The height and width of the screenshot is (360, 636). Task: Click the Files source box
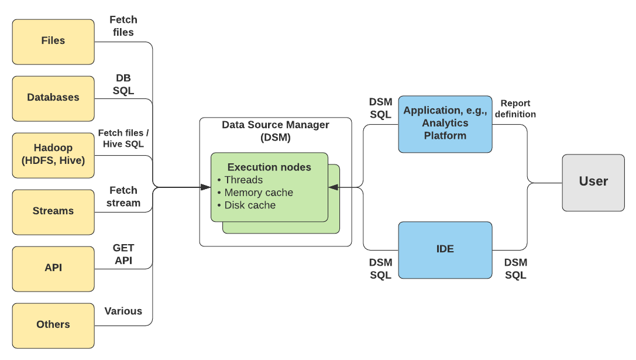(53, 41)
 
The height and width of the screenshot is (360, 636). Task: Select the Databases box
(53, 98)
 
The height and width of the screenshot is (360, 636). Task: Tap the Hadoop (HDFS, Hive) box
(53, 155)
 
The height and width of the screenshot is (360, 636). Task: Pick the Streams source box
(53, 211)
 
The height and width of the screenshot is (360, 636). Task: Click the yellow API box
(53, 268)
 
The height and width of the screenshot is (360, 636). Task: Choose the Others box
(53, 325)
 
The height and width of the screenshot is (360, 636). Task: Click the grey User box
(593, 182)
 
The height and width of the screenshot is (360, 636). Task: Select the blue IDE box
(445, 249)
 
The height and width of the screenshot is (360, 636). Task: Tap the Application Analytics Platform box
(445, 124)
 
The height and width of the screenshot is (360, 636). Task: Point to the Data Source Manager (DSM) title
(276, 131)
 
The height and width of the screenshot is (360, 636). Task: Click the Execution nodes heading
(269, 167)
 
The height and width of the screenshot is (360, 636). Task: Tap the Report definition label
(515, 109)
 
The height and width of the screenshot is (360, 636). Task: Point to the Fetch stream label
(123, 197)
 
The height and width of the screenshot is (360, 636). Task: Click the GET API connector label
(123, 254)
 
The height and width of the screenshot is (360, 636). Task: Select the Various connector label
(123, 311)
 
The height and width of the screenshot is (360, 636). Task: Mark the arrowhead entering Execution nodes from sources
(205, 187)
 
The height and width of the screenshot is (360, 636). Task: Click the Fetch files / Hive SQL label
(121, 139)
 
